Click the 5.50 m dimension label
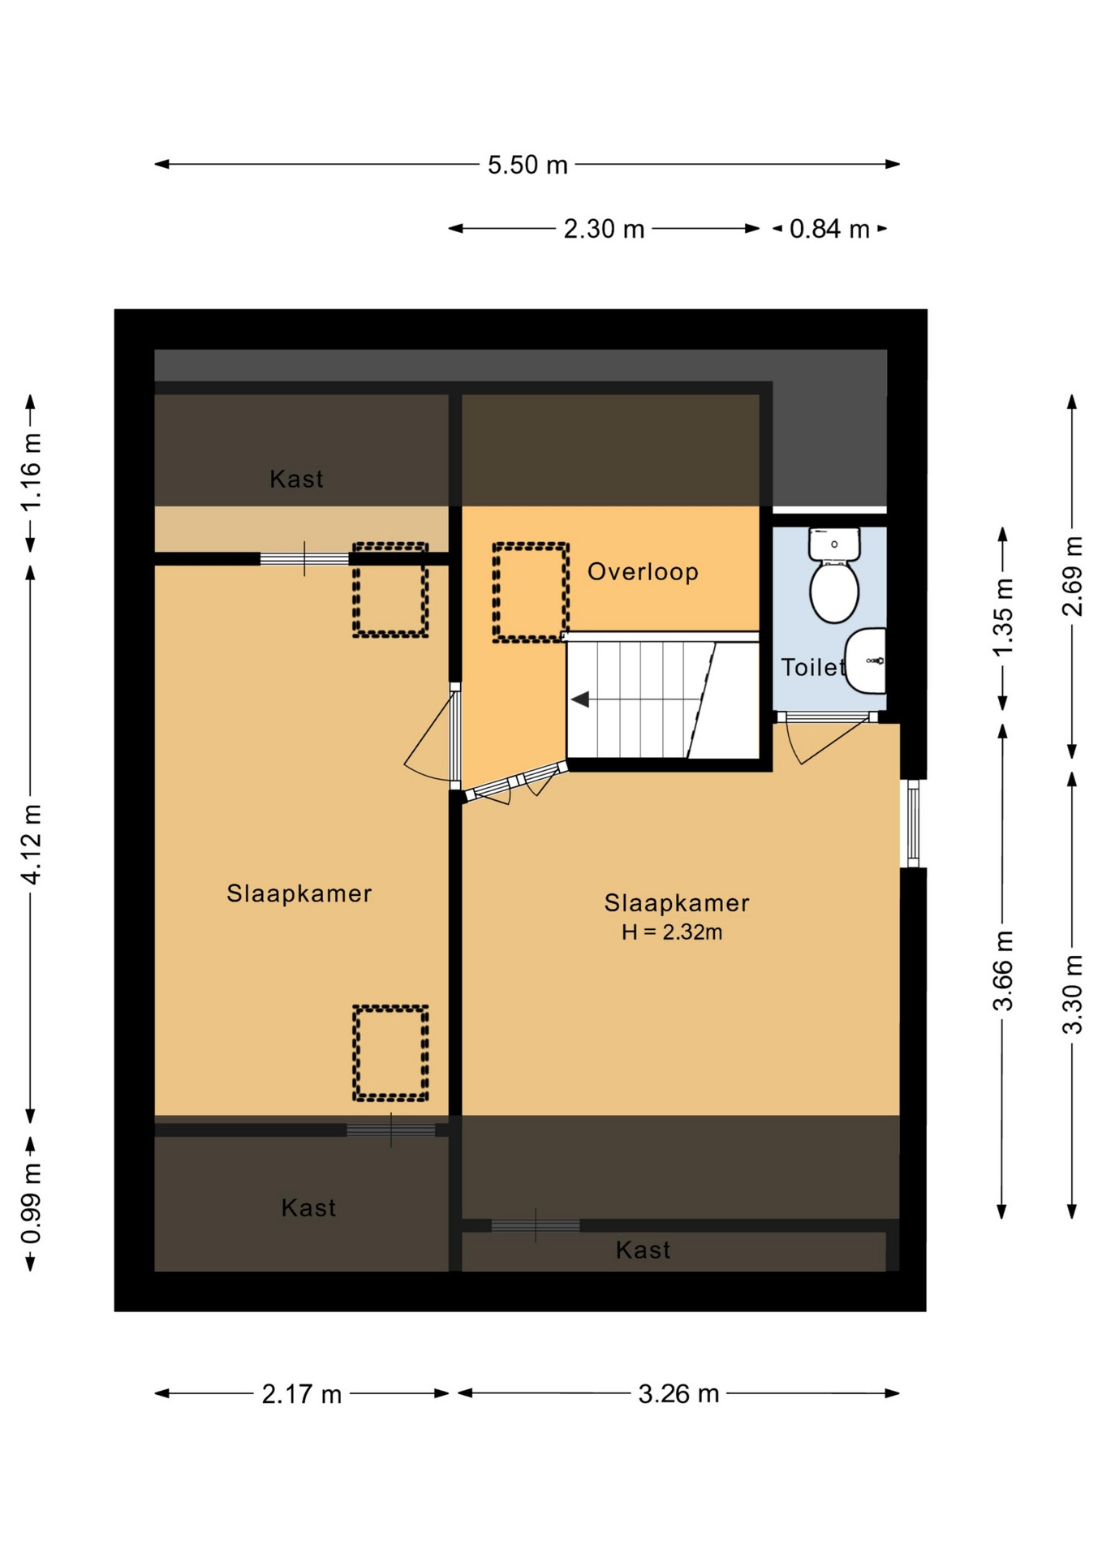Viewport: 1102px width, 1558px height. (527, 165)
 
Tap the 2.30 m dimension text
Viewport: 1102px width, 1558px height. (604, 229)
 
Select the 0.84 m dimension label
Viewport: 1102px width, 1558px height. (829, 229)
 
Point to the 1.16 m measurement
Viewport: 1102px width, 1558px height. (31, 472)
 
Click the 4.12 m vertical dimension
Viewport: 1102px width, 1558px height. (31, 844)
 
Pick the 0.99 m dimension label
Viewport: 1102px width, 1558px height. (31, 1203)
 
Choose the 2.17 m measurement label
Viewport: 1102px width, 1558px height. (302, 1394)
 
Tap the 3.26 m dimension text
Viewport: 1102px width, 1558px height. (678, 1394)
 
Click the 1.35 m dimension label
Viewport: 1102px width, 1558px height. (1003, 618)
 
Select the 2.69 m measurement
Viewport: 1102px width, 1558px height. (1073, 576)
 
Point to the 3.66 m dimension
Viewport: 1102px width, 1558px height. (1003, 971)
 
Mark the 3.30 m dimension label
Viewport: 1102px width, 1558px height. (1073, 994)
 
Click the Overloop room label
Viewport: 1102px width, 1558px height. (643, 572)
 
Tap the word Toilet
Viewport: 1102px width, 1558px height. (813, 667)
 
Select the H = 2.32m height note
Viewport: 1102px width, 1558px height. (672, 932)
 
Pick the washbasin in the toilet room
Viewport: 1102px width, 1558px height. (866, 661)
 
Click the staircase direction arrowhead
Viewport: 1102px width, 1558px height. (579, 699)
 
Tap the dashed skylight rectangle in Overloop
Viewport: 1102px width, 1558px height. (531, 593)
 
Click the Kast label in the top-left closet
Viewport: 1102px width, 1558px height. (296, 480)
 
